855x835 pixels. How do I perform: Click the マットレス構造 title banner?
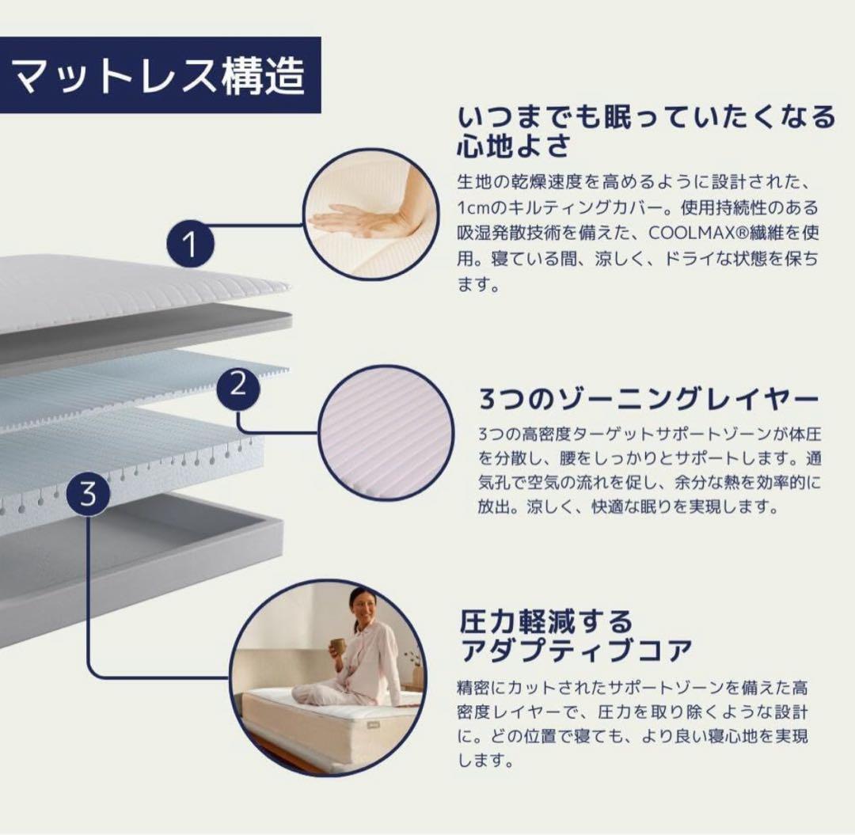[x=160, y=75]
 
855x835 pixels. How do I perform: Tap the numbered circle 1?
[x=190, y=244]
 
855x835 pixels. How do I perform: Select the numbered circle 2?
[x=238, y=387]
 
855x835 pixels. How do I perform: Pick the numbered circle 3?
[x=89, y=494]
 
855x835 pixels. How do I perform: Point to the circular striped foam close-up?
[x=386, y=433]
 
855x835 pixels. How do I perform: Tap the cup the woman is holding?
[x=338, y=646]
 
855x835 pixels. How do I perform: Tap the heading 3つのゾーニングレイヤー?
[x=649, y=399]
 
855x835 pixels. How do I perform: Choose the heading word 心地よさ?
[x=514, y=146]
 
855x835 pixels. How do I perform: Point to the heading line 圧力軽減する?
[x=545, y=621]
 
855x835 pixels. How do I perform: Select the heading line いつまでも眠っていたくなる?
[x=646, y=116]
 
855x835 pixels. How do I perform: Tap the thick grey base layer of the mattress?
[x=136, y=567]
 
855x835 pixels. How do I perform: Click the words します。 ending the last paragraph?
[x=485, y=760]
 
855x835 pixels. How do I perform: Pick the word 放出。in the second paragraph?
[x=501, y=507]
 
